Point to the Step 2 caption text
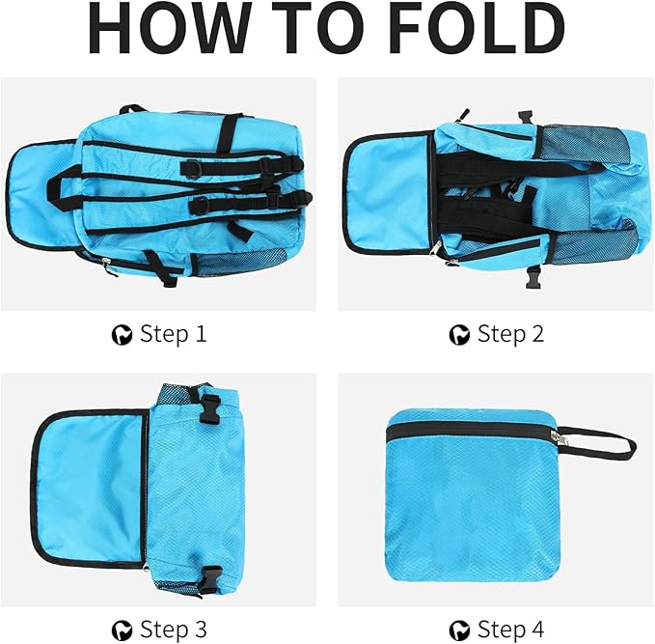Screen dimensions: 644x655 coord(511,335)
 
